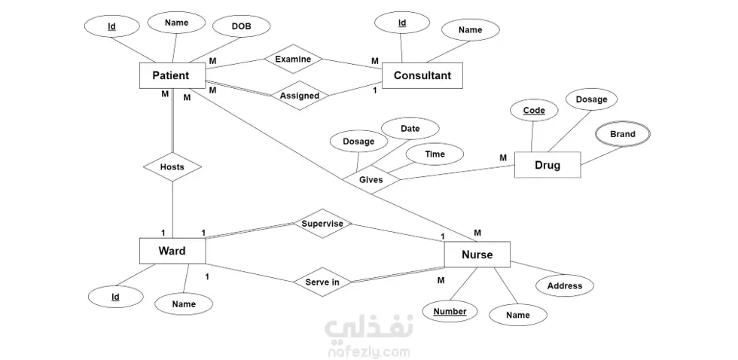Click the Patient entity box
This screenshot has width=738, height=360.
tap(171, 75)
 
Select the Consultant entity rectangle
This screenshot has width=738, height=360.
tap(422, 75)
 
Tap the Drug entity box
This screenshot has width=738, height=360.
tap(547, 165)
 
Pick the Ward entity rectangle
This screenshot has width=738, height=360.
tap(172, 251)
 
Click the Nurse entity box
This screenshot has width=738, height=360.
tap(477, 255)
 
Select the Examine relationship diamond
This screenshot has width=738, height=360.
tap(293, 59)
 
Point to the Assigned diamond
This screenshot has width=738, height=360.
tap(299, 96)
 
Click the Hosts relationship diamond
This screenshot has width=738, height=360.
tap(172, 166)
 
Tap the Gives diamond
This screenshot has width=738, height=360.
tap(371, 180)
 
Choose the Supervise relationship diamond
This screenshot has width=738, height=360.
tap(322, 224)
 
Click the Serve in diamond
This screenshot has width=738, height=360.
tap(322, 282)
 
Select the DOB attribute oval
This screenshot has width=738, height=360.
tap(242, 26)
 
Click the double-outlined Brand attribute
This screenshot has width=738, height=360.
tap(623, 134)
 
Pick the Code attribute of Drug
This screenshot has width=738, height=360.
tap(534, 111)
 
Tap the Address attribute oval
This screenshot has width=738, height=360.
tap(565, 285)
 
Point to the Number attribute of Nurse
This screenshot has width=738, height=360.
tap(450, 311)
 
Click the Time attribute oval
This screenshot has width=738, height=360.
tap(435, 154)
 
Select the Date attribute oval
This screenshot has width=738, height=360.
tap(410, 129)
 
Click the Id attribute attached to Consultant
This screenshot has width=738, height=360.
tap(402, 23)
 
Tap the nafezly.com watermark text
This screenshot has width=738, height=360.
tap(369, 350)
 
